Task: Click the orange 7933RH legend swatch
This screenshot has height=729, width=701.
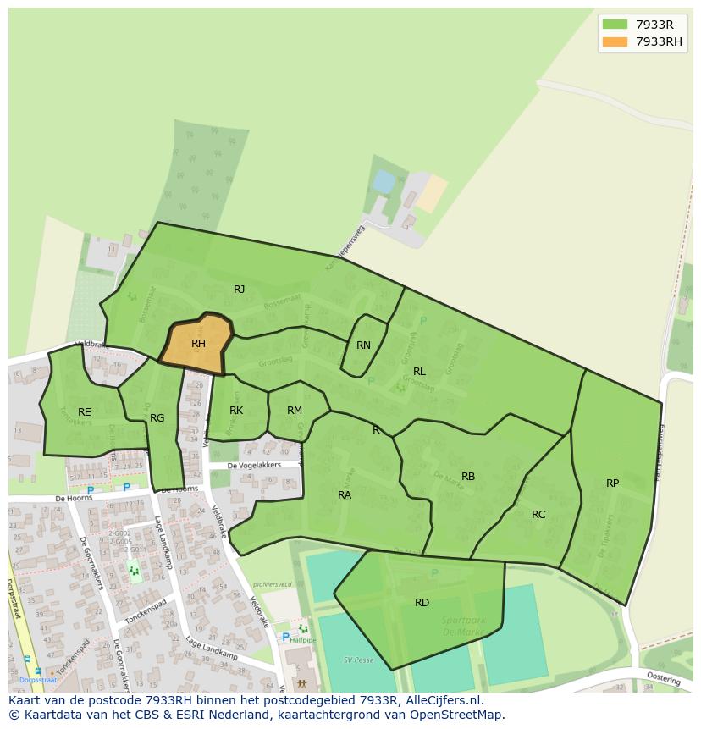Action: pyautogui.click(x=615, y=41)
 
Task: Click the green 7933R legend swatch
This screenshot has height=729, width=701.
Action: pyautogui.click(x=615, y=25)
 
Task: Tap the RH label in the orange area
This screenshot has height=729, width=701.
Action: pyautogui.click(x=198, y=344)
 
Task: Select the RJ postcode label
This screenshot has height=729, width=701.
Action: pyautogui.click(x=240, y=290)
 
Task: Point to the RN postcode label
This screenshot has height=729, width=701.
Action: pyautogui.click(x=363, y=345)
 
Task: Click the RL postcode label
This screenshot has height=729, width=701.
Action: pyautogui.click(x=419, y=372)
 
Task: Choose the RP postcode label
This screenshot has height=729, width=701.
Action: pyautogui.click(x=612, y=483)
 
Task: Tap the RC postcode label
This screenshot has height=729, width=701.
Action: pyautogui.click(x=538, y=515)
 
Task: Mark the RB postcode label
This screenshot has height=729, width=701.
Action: pyautogui.click(x=468, y=477)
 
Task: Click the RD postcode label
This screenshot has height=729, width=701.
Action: pyautogui.click(x=422, y=603)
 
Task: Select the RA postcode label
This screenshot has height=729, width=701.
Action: pyautogui.click(x=345, y=495)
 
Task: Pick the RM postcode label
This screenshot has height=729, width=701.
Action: pyautogui.click(x=295, y=411)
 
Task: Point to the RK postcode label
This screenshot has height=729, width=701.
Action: pyautogui.click(x=236, y=411)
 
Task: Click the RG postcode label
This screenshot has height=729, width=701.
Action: pyautogui.click(x=157, y=418)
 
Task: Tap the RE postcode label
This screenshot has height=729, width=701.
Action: pyautogui.click(x=85, y=412)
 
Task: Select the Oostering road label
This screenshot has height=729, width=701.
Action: pyautogui.click(x=664, y=678)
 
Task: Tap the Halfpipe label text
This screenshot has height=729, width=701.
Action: pyautogui.click(x=302, y=640)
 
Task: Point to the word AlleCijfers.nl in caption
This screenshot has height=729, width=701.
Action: pyautogui.click(x=441, y=700)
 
